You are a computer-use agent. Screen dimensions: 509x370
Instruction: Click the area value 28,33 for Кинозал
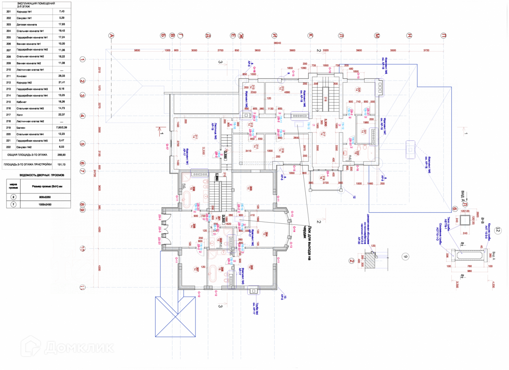coord(62,76)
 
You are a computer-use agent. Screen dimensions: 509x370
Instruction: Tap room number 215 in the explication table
coord(9,102)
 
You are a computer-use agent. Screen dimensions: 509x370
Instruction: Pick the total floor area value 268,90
coord(62,155)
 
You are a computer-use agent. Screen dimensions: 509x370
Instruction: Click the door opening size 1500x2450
coord(45,205)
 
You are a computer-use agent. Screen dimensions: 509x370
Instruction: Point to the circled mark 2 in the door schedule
coord(13,197)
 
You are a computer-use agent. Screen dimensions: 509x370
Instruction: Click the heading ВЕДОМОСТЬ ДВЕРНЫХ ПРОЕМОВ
coord(42,175)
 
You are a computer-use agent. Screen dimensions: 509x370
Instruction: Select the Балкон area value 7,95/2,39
coord(62,127)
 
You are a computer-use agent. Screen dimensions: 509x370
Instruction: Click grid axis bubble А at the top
coord(111,36)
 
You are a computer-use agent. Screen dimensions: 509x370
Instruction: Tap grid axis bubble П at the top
coord(444,36)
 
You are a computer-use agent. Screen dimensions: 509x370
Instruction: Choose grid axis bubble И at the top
coord(274,36)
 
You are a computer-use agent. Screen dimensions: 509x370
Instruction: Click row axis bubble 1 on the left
coord(82,59)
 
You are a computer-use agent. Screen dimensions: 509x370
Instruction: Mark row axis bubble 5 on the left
coord(82,144)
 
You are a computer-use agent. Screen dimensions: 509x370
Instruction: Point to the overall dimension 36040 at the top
coord(277,43)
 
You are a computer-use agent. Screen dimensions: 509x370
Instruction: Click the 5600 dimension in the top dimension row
coord(137,50)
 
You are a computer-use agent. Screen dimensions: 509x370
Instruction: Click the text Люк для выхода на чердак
coord(307,243)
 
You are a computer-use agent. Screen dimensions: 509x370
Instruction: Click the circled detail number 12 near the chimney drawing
coord(498,230)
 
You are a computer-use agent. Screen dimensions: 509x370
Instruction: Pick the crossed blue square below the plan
coord(175,317)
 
